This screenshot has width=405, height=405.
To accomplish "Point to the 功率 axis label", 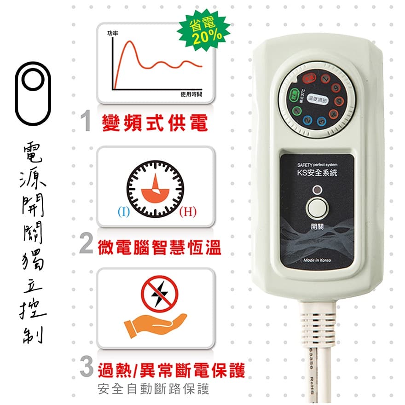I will (112, 33).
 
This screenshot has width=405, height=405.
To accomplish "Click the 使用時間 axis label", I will (191, 94).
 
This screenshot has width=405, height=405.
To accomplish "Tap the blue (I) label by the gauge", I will (123, 212).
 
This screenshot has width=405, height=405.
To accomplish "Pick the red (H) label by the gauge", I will (188, 212).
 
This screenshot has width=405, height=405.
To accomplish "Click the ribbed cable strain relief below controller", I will (318, 322).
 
